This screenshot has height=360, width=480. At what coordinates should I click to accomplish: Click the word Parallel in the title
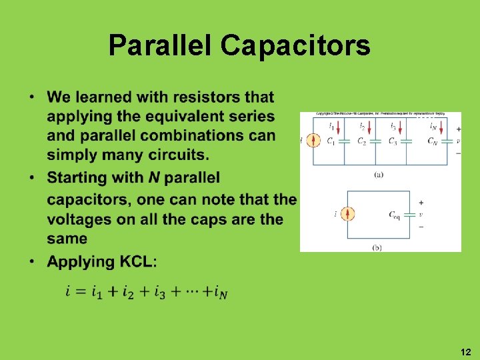(161, 45)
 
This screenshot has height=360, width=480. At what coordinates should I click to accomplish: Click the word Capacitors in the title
(295, 45)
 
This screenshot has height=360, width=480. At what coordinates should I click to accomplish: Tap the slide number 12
(465, 351)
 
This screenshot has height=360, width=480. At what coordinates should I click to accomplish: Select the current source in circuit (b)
(347, 214)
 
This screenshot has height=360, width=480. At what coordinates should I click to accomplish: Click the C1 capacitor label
(331, 141)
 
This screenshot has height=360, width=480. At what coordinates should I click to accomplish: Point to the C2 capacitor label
(361, 141)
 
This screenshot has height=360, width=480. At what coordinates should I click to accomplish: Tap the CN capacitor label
(433, 141)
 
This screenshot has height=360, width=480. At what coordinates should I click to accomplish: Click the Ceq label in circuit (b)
(394, 214)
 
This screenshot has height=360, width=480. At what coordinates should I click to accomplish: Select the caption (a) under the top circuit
(379, 175)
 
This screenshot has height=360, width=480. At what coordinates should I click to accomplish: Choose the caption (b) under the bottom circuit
(377, 247)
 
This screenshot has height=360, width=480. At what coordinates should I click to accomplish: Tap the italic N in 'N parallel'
(153, 178)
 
